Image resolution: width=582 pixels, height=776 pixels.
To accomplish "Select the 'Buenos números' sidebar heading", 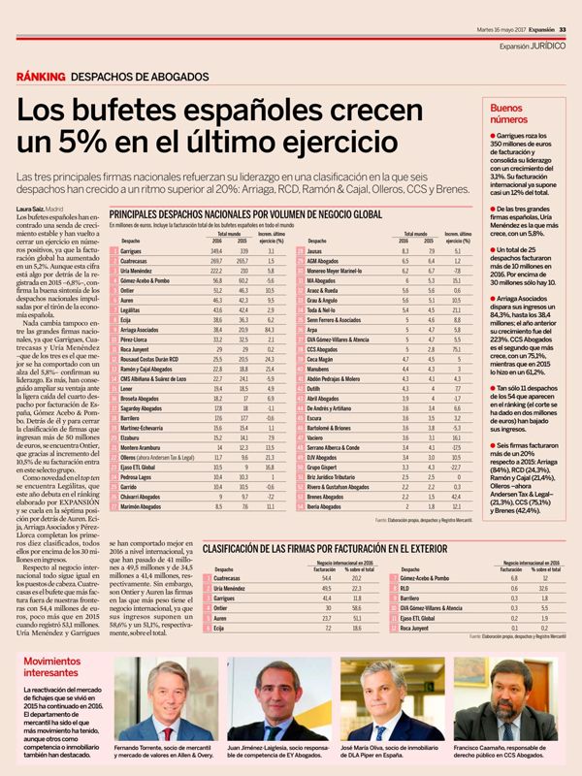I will coord(513,114).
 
